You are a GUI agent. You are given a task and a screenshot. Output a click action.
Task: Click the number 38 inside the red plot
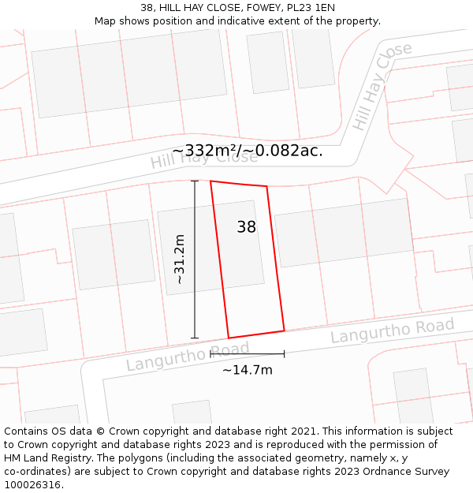click(x=247, y=227)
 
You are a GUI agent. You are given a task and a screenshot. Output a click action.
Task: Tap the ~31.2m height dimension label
click(x=179, y=259)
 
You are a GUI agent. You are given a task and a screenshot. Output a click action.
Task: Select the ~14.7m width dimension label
click(x=247, y=370)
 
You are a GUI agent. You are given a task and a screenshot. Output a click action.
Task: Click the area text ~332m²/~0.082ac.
click(x=248, y=151)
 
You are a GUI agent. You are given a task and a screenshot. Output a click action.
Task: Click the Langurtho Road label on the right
click(x=392, y=331)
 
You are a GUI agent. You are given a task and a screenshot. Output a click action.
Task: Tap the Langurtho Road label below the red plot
click(x=188, y=357)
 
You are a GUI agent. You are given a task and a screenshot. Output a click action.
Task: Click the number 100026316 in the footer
click(x=32, y=485)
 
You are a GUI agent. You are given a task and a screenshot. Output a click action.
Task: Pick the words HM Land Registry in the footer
click(x=49, y=458)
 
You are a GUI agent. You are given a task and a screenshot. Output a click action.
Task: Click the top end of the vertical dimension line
click(x=195, y=181)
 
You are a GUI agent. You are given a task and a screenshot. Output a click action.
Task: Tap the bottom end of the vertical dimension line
click(x=195, y=338)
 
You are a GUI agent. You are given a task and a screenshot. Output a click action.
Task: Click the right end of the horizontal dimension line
click(x=284, y=354)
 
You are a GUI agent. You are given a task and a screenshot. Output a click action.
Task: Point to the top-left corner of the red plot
click(x=210, y=181)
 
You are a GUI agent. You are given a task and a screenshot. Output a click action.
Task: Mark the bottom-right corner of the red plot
click(x=284, y=331)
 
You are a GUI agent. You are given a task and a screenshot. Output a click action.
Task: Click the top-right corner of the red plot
click(x=266, y=187)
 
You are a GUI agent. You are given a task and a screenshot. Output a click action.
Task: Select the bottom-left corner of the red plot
click(x=229, y=338)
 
